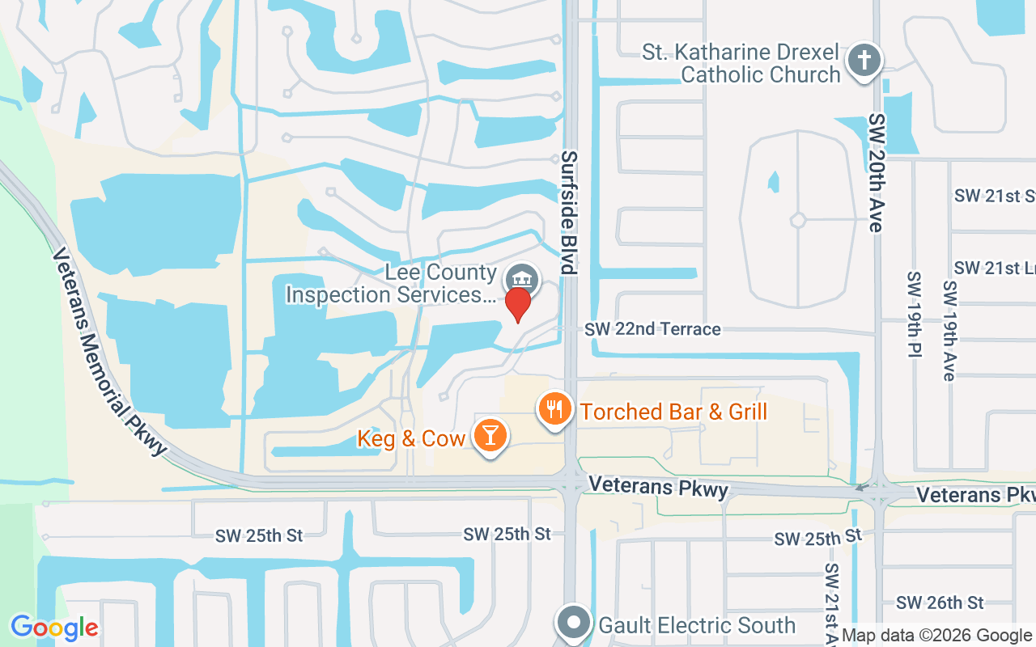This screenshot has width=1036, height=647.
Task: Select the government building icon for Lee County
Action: coord(523,280)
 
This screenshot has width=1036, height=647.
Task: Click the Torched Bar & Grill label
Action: coord(673,412)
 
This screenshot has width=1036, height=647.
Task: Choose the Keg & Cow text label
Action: coord(411,438)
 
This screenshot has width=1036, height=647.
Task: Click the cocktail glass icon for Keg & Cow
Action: coord(489,435)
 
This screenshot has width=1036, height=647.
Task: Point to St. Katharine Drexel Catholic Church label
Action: coord(741,64)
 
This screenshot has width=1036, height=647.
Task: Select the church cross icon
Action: coord(864,61)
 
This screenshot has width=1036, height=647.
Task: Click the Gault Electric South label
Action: coord(697,625)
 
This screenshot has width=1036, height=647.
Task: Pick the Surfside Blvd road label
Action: coord(570,213)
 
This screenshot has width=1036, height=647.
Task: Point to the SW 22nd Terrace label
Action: coord(652,329)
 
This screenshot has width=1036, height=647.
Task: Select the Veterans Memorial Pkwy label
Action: coord(108,352)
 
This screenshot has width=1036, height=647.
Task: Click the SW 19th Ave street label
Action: coord(949,330)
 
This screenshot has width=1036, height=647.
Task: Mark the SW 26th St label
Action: coord(940,603)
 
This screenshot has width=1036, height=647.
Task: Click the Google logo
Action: coord(54,628)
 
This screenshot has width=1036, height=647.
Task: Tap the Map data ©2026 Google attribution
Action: coord(936,636)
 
